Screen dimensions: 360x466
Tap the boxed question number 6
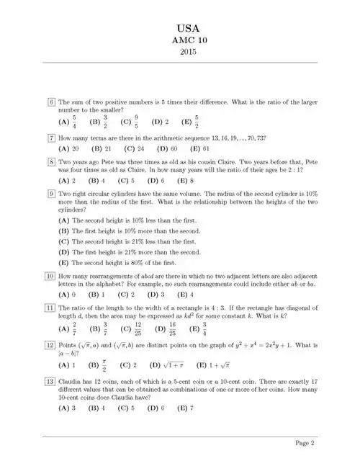point(51,102)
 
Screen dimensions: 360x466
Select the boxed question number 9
point(51,194)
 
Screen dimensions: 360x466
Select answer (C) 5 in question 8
point(126,180)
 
